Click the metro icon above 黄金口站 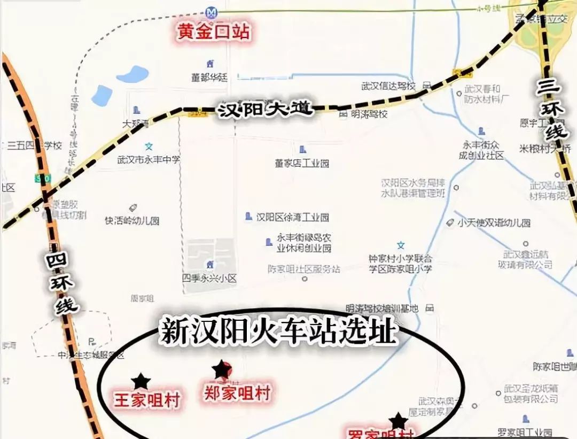click(212, 11)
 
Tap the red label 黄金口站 click(213, 32)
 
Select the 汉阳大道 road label click(264, 111)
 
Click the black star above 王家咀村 click(141, 381)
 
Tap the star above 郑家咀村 click(221, 369)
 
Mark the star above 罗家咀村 click(397, 421)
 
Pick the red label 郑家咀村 click(237, 393)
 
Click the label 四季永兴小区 click(209, 279)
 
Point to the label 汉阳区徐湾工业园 click(292, 217)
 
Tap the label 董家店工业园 click(302, 163)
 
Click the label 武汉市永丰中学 click(149, 159)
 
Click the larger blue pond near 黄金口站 click(132, 74)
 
